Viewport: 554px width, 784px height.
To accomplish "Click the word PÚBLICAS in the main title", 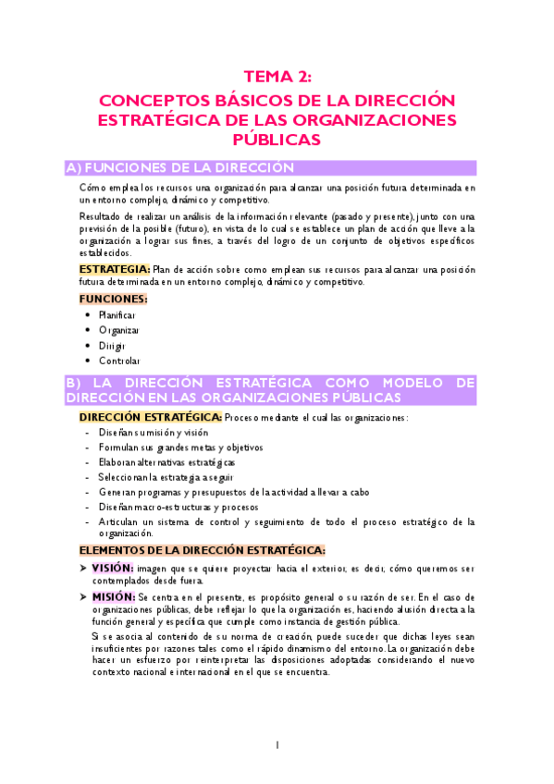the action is point(277,140).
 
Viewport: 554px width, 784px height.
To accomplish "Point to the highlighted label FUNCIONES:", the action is point(113,299).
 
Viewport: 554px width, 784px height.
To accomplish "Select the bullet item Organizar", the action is point(119,330).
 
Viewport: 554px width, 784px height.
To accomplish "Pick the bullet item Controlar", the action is point(119,361).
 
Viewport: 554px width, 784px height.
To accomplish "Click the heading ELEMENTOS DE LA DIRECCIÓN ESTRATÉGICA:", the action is point(202,549).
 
